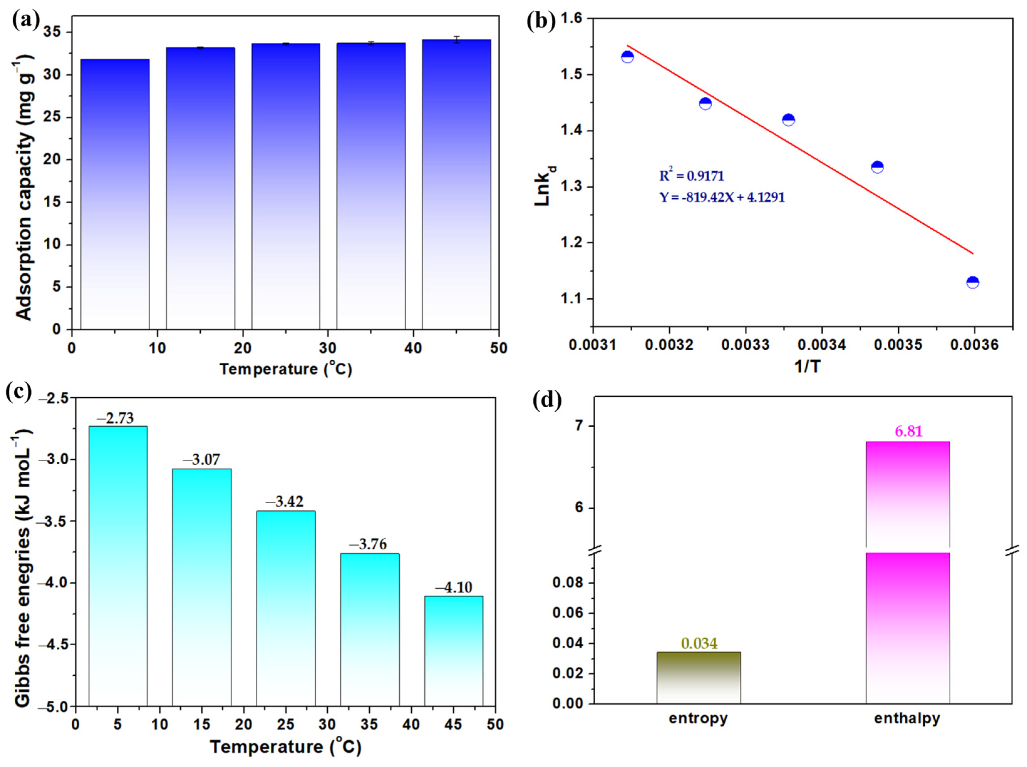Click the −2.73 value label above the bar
point(115,418)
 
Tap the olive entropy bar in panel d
point(698,678)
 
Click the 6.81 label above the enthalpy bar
point(909,432)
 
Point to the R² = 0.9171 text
point(691,176)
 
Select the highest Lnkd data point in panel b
point(627,57)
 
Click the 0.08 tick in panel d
point(567,583)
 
